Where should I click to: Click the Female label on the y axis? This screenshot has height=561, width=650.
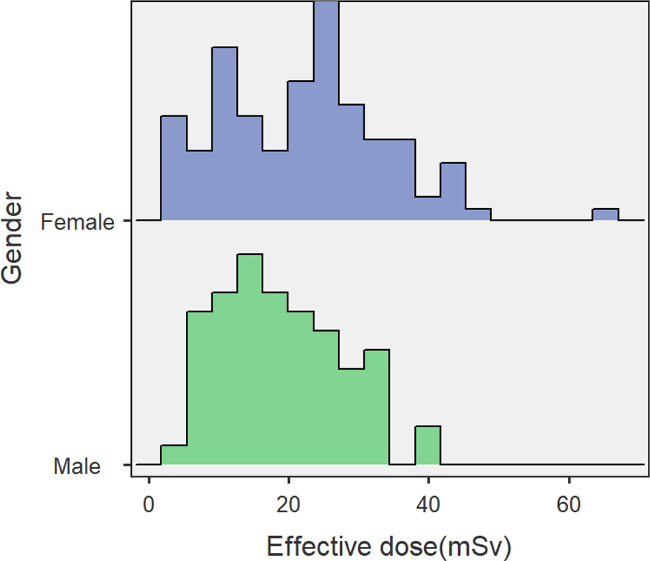point(77,222)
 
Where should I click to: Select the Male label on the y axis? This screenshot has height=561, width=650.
point(77,466)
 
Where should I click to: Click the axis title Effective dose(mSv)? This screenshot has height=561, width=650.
point(388,546)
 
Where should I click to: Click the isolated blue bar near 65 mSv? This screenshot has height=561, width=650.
point(605,215)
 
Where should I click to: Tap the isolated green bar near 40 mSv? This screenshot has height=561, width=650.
point(428,446)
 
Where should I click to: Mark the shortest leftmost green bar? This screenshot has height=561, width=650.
point(174,455)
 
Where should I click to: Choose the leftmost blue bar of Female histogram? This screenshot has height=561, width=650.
point(174,168)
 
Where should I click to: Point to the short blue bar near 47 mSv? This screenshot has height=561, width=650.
point(478,215)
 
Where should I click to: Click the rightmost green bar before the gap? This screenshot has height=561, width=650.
point(376,407)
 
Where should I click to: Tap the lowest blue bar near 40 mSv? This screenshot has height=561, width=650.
point(428,209)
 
